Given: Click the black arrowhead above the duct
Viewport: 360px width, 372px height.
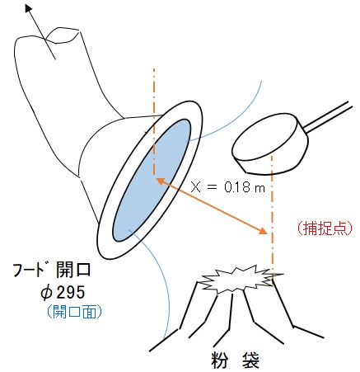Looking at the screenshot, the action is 28,8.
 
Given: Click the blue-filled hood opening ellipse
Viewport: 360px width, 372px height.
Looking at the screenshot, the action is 152,180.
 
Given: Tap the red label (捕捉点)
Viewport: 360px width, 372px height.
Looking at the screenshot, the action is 325,228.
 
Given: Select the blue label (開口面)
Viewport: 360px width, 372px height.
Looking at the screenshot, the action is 74,311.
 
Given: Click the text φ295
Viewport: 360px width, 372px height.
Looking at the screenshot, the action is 63,292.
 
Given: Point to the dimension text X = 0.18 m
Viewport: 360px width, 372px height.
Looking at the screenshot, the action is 227,187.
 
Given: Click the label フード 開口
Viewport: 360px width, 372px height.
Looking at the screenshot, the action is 52,270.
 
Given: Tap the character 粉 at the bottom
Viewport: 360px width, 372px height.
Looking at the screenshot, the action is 220,360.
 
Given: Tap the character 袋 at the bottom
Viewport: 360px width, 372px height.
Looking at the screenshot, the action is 250,360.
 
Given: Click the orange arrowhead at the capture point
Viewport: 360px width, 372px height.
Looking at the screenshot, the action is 264,231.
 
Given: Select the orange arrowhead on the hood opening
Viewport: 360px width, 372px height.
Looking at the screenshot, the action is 161,181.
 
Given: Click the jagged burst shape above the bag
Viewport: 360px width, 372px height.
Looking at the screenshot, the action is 240,279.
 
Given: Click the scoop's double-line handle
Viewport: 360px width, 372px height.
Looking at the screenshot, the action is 328,116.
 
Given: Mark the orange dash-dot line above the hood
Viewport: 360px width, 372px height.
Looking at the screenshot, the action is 154,123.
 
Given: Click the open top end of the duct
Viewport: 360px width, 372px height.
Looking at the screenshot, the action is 63,35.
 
